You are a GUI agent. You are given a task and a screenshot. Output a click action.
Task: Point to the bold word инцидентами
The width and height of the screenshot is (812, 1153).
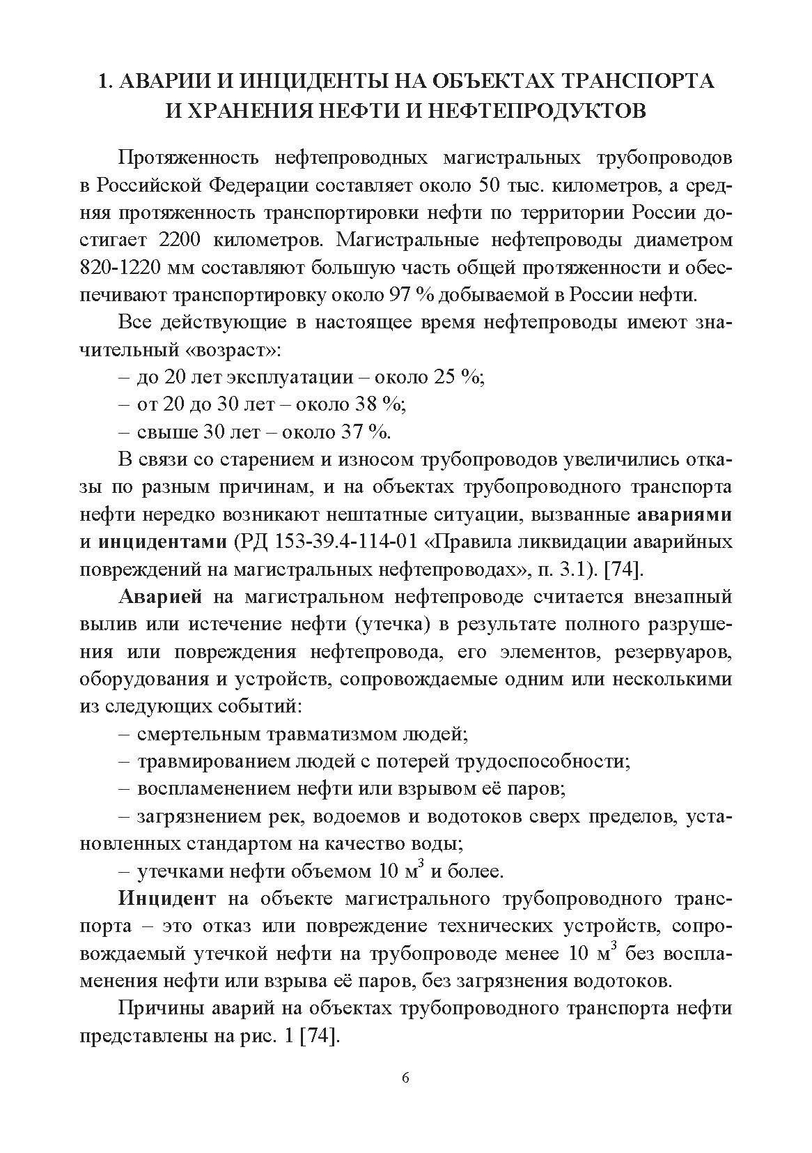pyautogui.click(x=164, y=542)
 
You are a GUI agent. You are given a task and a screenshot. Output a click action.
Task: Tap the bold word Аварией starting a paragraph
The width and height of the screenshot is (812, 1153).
pyautogui.click(x=161, y=597)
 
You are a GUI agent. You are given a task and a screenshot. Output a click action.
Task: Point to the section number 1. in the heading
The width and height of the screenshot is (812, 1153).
pyautogui.click(x=106, y=81)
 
